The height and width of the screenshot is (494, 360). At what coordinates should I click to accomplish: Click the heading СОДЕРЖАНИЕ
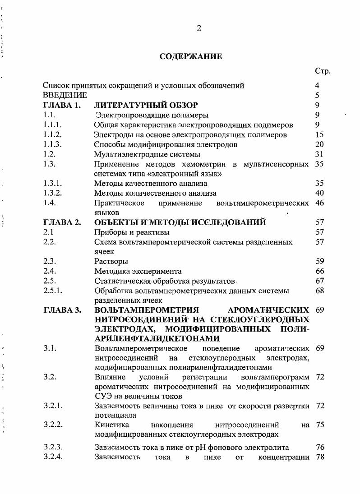(x=190, y=57)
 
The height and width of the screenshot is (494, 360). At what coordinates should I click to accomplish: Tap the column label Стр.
(x=323, y=71)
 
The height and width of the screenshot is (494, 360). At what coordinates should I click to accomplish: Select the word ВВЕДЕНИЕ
(x=65, y=95)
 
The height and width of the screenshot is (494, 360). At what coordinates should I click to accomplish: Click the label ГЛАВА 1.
(x=62, y=105)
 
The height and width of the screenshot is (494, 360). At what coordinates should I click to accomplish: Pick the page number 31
(x=319, y=154)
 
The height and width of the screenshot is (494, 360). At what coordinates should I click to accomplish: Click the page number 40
(x=319, y=193)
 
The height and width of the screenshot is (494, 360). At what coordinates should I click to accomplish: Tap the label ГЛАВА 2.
(x=62, y=222)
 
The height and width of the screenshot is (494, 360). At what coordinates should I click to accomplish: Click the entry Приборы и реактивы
(x=132, y=232)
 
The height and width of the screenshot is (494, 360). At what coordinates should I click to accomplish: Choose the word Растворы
(x=111, y=261)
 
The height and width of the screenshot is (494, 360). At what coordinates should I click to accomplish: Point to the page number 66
(x=319, y=271)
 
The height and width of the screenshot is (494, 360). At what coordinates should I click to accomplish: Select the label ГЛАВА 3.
(x=62, y=310)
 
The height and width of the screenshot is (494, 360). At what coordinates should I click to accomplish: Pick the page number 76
(x=319, y=448)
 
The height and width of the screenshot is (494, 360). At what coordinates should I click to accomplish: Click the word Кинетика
(x=111, y=425)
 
